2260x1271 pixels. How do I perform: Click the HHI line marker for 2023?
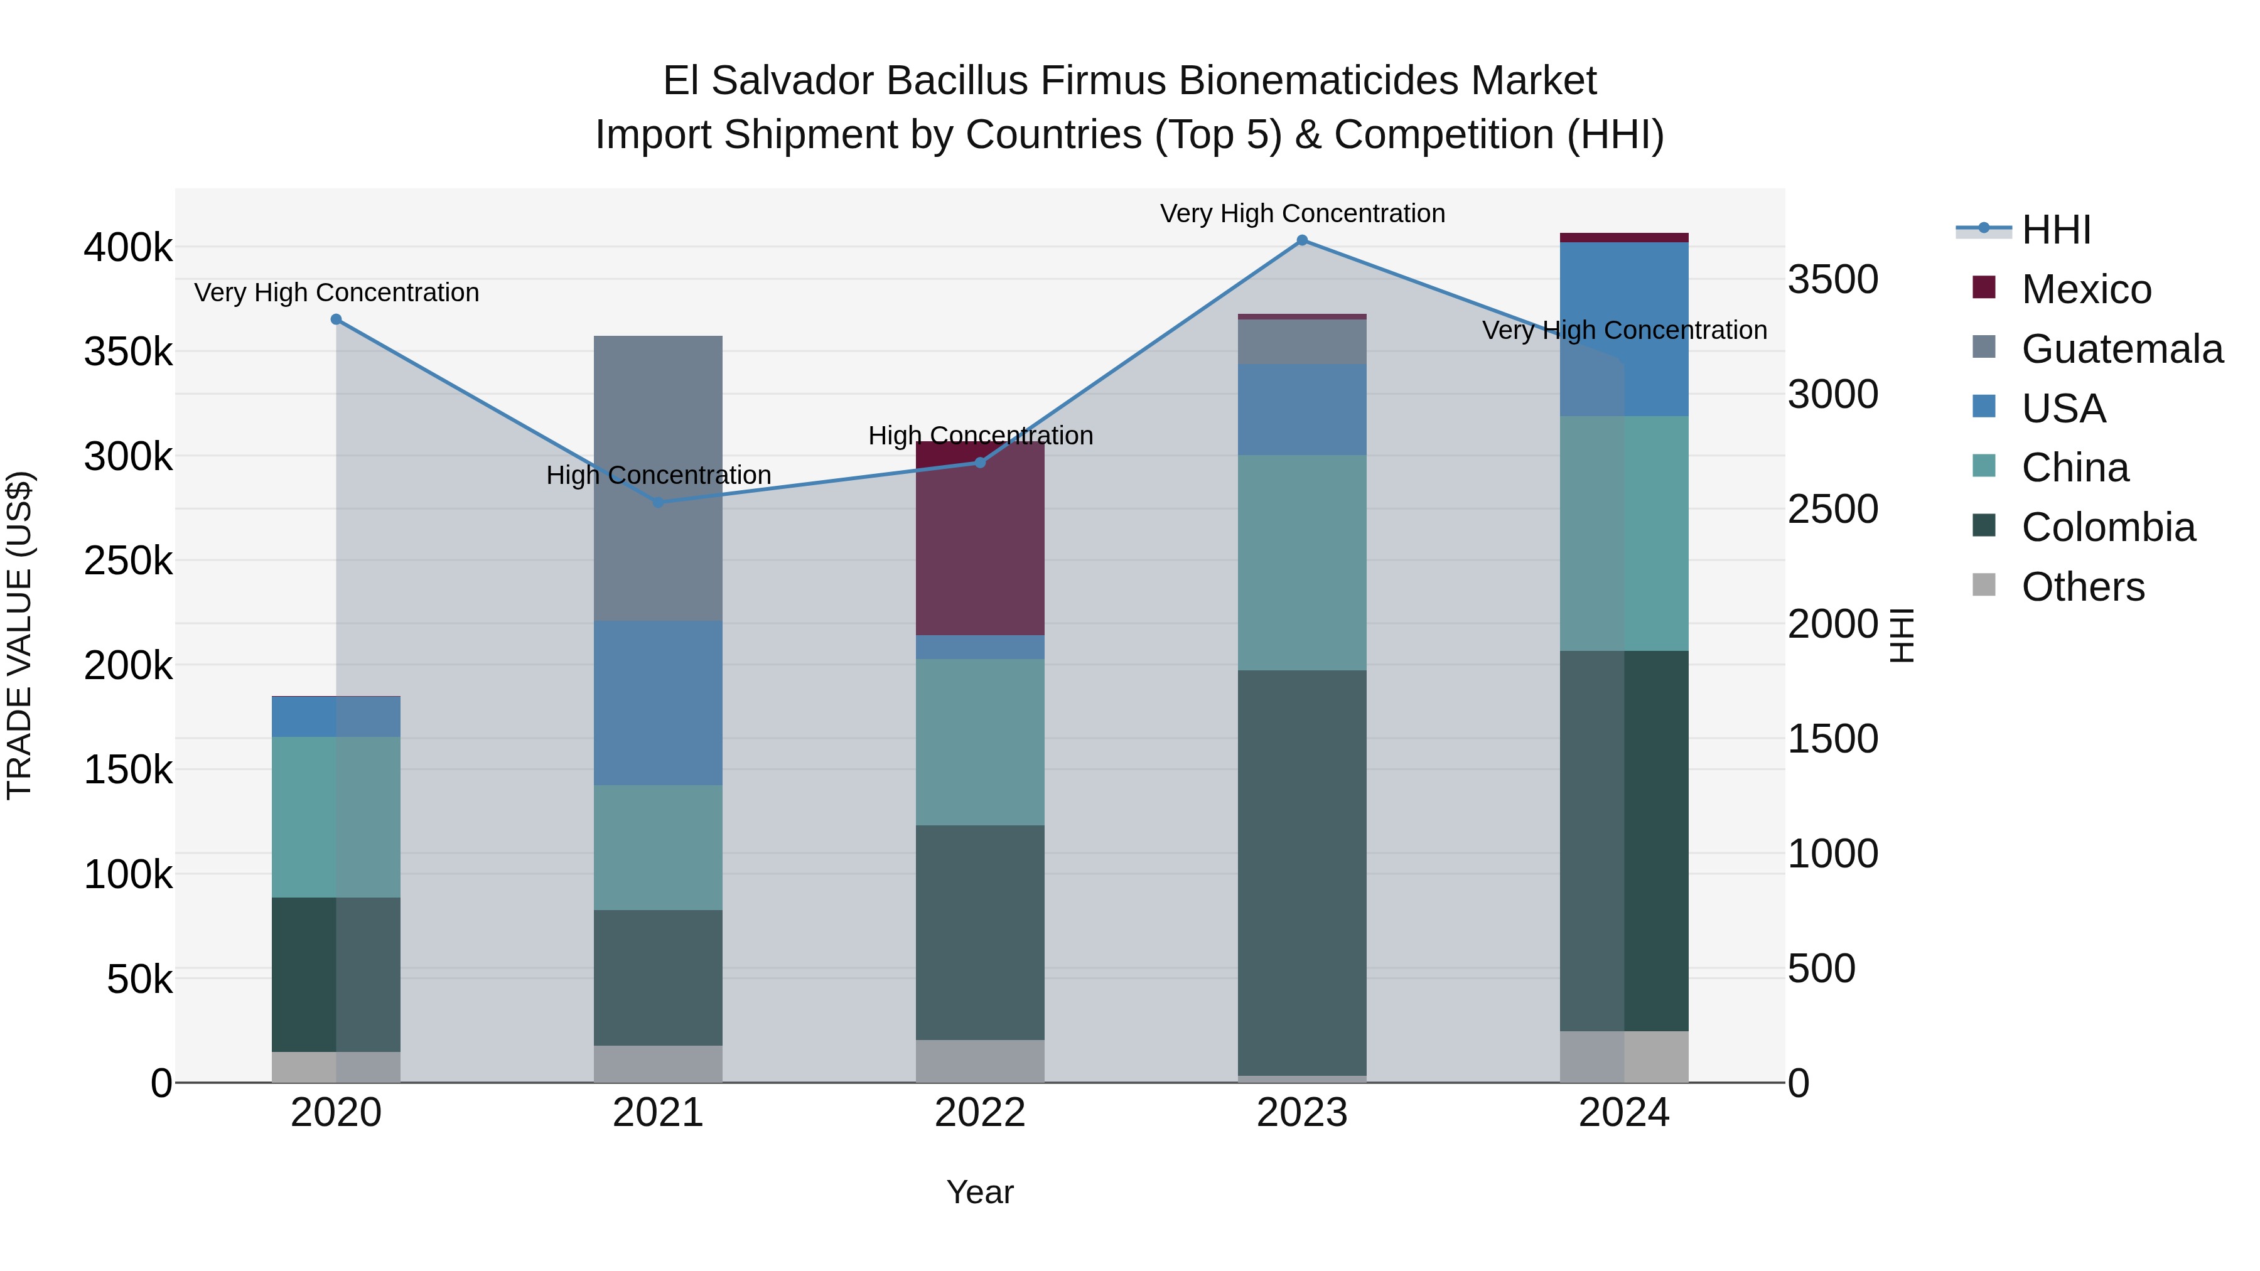tap(1302, 240)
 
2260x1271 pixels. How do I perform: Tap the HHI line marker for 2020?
tap(336, 319)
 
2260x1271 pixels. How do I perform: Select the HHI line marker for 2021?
tap(658, 503)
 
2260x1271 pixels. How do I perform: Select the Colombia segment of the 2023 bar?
tap(1302, 873)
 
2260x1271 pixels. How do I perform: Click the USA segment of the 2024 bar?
tap(1624, 329)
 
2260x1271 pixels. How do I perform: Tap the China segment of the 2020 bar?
tap(336, 816)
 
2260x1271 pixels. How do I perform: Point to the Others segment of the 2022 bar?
tap(980, 1061)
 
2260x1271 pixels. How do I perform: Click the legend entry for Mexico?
tap(2085, 289)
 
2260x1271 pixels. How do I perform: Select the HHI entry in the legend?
tap(2055, 230)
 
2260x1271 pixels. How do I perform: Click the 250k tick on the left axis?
tap(128, 561)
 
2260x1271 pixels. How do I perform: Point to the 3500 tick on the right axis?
tap(1832, 280)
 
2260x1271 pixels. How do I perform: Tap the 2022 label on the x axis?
tap(980, 1113)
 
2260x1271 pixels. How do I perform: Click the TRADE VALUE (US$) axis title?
tap(19, 635)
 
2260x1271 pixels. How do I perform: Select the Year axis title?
tap(980, 1192)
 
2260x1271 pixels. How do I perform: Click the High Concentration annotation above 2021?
tap(658, 475)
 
